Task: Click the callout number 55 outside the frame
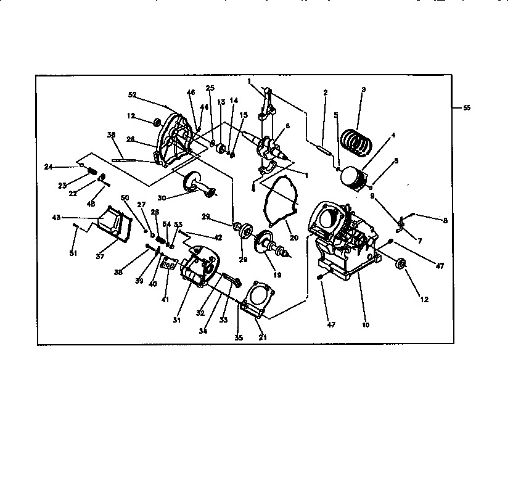pyautogui.click(x=466, y=107)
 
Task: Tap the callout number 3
pyautogui.click(x=364, y=90)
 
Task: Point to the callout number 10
pyautogui.click(x=365, y=324)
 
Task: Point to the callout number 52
pyautogui.click(x=132, y=95)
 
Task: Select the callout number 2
pyautogui.click(x=325, y=93)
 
